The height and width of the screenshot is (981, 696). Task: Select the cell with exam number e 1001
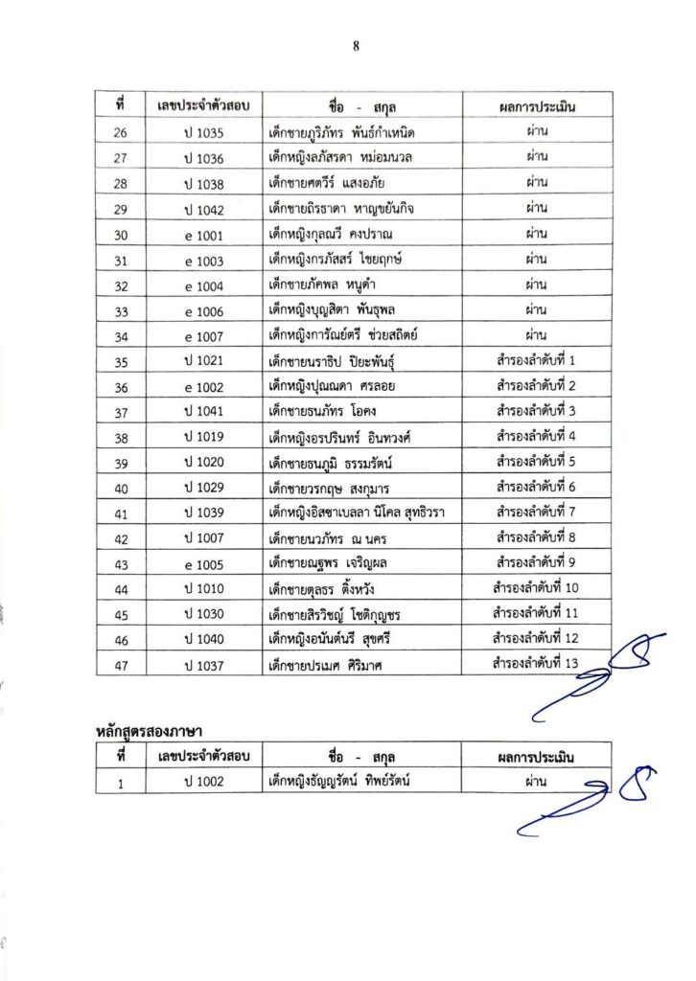tap(204, 233)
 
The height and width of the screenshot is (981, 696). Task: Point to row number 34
tap(121, 336)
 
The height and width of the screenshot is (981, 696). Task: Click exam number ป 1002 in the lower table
tap(204, 782)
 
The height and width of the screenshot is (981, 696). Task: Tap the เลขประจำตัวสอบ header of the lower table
tap(204, 756)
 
